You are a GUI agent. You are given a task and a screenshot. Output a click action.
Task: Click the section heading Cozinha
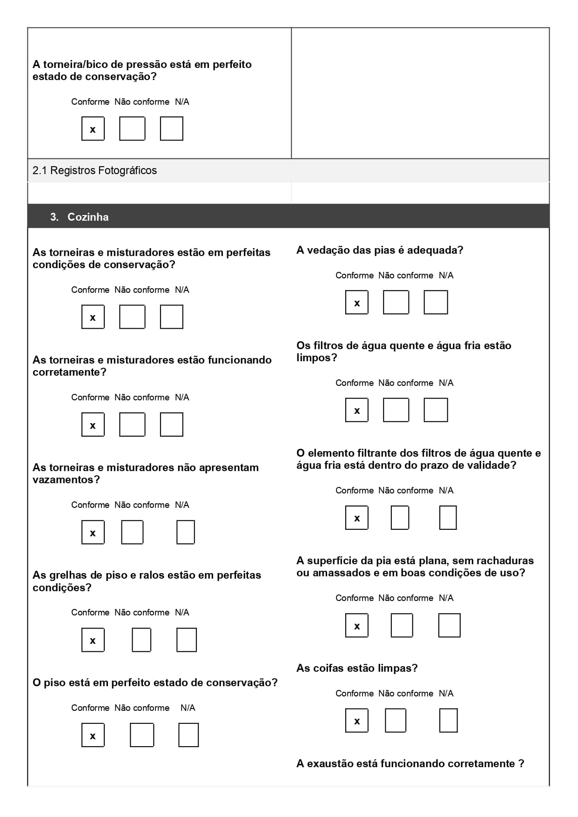[x=88, y=217]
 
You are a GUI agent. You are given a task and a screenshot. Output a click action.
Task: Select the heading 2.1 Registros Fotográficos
[x=94, y=170]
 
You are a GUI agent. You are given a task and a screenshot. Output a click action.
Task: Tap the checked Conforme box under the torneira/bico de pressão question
[x=93, y=129]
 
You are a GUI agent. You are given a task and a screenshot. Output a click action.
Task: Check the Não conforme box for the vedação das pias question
[x=396, y=303]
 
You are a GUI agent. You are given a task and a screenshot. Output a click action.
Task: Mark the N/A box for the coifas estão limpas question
[x=448, y=720]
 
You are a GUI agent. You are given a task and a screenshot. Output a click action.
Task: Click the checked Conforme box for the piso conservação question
[x=93, y=735]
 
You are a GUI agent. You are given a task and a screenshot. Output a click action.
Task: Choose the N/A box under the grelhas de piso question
[x=186, y=640]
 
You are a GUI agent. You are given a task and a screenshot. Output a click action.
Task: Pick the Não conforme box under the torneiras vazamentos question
[x=132, y=532]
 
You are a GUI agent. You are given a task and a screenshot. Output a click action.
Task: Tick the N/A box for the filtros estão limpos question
[x=436, y=410]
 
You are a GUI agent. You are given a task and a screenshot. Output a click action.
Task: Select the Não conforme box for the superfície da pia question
[x=402, y=625]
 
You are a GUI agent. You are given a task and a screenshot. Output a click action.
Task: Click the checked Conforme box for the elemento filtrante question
[x=356, y=518]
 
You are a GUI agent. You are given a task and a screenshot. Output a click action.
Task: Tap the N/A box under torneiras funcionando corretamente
[x=171, y=425]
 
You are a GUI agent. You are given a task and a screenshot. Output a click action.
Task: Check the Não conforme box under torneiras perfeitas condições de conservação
[x=132, y=317]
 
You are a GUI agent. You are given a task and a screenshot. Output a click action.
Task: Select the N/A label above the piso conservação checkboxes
[x=188, y=708]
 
